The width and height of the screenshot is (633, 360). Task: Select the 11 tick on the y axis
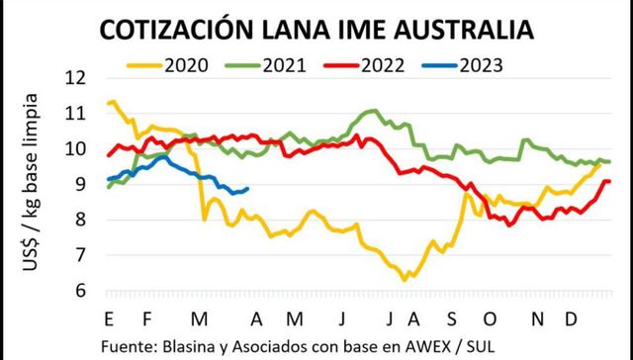pos(77,114)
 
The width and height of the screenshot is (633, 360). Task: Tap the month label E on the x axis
pos(107,317)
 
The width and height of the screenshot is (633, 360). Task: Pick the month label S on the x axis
pos(450,317)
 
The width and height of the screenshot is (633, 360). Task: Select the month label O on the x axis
pos(490,317)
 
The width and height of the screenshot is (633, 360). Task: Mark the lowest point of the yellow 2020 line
pos(404,280)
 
